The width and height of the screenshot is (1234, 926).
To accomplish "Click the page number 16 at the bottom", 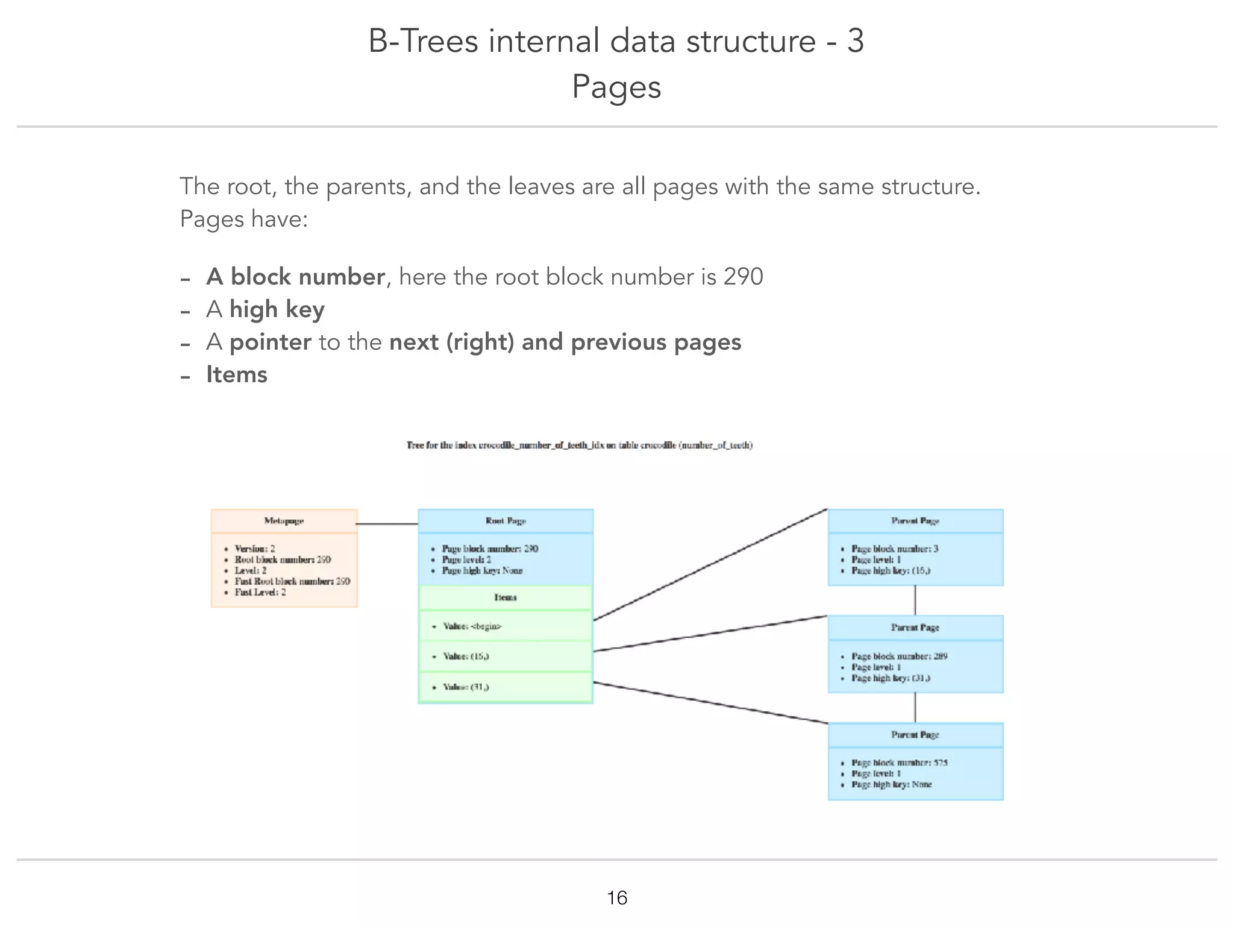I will tap(617, 898).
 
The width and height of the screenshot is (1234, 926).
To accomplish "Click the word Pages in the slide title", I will tap(616, 86).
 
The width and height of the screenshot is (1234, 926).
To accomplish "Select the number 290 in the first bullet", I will tap(743, 277).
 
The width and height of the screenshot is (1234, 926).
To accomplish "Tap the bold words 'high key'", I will tap(277, 309).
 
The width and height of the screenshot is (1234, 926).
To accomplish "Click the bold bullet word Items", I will tap(237, 374).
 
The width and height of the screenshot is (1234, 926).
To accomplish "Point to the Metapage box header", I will tap(284, 521).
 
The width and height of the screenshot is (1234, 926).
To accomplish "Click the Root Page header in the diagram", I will tap(506, 521).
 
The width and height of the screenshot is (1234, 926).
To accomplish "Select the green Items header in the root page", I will tap(506, 597).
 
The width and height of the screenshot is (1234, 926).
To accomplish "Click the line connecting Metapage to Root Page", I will tap(387, 524).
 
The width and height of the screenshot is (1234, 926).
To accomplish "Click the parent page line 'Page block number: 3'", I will tap(894, 549).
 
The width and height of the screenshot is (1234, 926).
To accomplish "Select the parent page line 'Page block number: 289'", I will tap(899, 656).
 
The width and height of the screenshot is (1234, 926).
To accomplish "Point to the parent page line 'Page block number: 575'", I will tap(899, 763).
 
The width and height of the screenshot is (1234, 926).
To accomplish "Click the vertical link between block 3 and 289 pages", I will tap(915, 600).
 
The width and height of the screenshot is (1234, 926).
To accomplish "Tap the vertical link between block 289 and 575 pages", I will tap(915, 707).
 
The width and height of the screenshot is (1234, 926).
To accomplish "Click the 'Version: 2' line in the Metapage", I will tap(255, 549).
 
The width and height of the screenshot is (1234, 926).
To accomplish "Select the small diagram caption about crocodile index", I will tap(580, 446).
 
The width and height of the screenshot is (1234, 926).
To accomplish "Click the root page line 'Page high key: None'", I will tap(482, 570).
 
